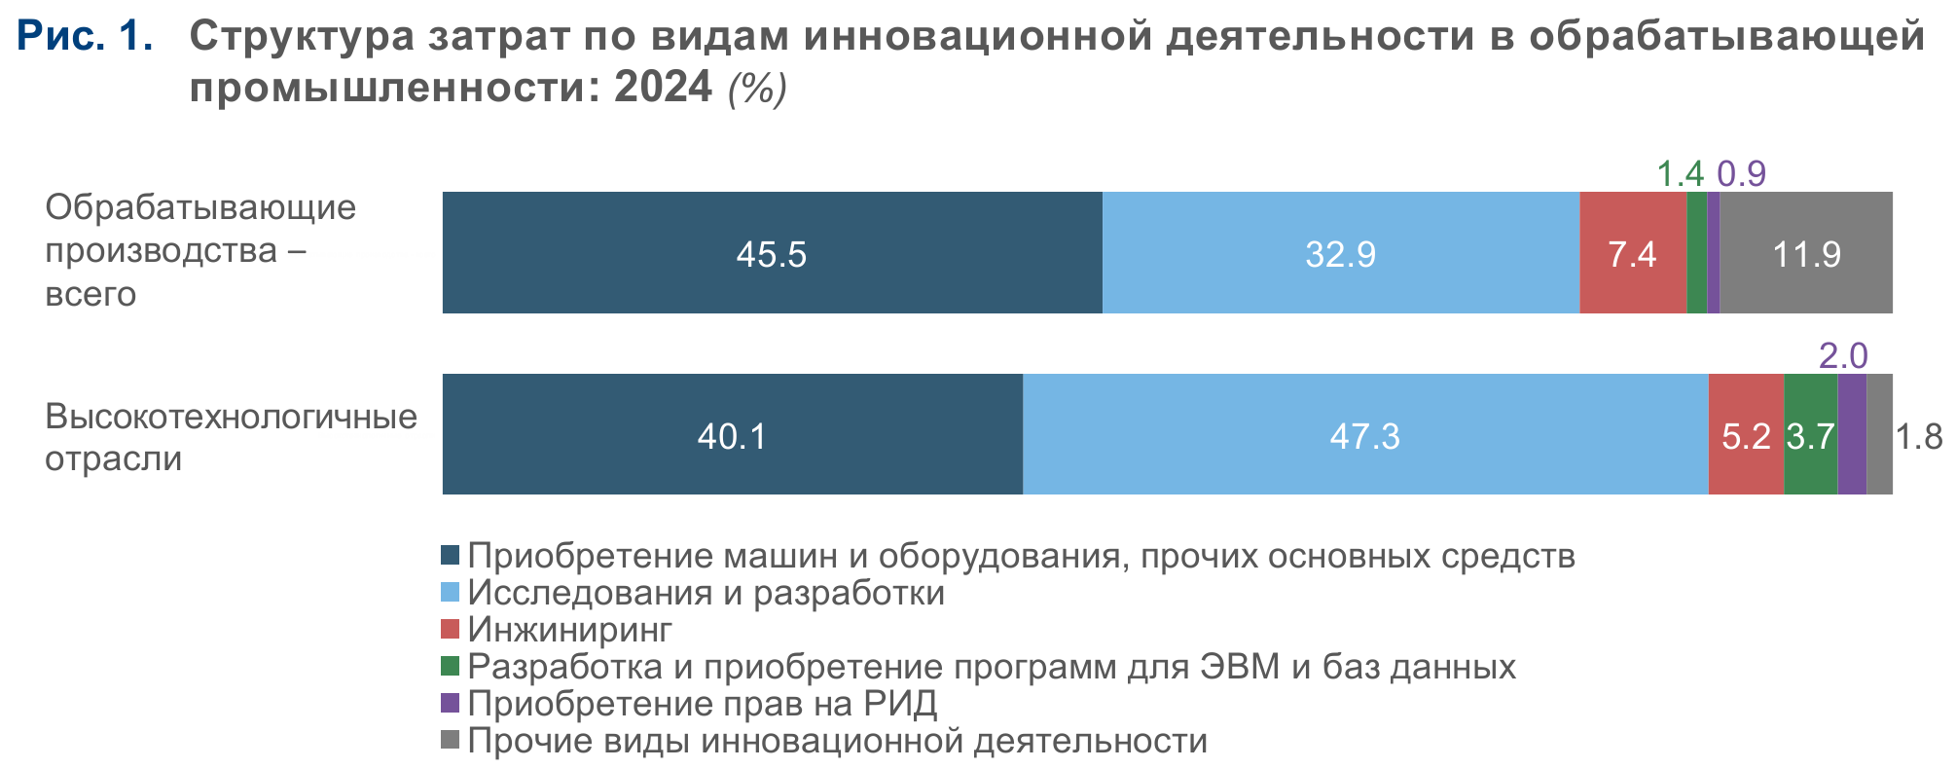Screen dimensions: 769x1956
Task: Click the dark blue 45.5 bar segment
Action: click(x=772, y=253)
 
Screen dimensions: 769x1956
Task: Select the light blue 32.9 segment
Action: click(x=1340, y=253)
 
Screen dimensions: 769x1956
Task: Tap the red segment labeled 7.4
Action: click(x=1632, y=253)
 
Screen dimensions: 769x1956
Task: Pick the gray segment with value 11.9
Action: click(x=1806, y=253)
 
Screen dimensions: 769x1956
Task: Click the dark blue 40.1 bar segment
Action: click(x=732, y=434)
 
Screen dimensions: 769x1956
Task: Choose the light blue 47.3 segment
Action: click(x=1364, y=434)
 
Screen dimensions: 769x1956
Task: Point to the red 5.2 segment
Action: click(x=1746, y=435)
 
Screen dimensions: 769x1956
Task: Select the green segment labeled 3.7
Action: click(x=1810, y=435)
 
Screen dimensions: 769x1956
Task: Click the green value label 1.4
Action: click(x=1680, y=173)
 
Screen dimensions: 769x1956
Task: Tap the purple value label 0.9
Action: click(x=1741, y=173)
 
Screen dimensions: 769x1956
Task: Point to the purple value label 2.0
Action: click(x=1843, y=355)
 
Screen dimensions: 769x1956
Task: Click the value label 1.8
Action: click(x=1919, y=436)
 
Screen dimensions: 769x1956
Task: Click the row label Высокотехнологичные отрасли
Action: click(x=231, y=436)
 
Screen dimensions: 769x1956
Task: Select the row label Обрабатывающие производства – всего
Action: click(x=200, y=250)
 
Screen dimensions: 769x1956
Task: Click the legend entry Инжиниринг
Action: click(x=569, y=630)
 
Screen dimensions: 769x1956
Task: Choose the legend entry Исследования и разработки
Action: click(x=706, y=593)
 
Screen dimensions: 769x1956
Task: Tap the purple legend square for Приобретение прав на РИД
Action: click(x=450, y=703)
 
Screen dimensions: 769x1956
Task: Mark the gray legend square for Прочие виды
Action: click(x=450, y=740)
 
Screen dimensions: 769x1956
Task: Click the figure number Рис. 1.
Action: click(x=86, y=36)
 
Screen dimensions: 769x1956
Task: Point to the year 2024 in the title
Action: click(x=663, y=88)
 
